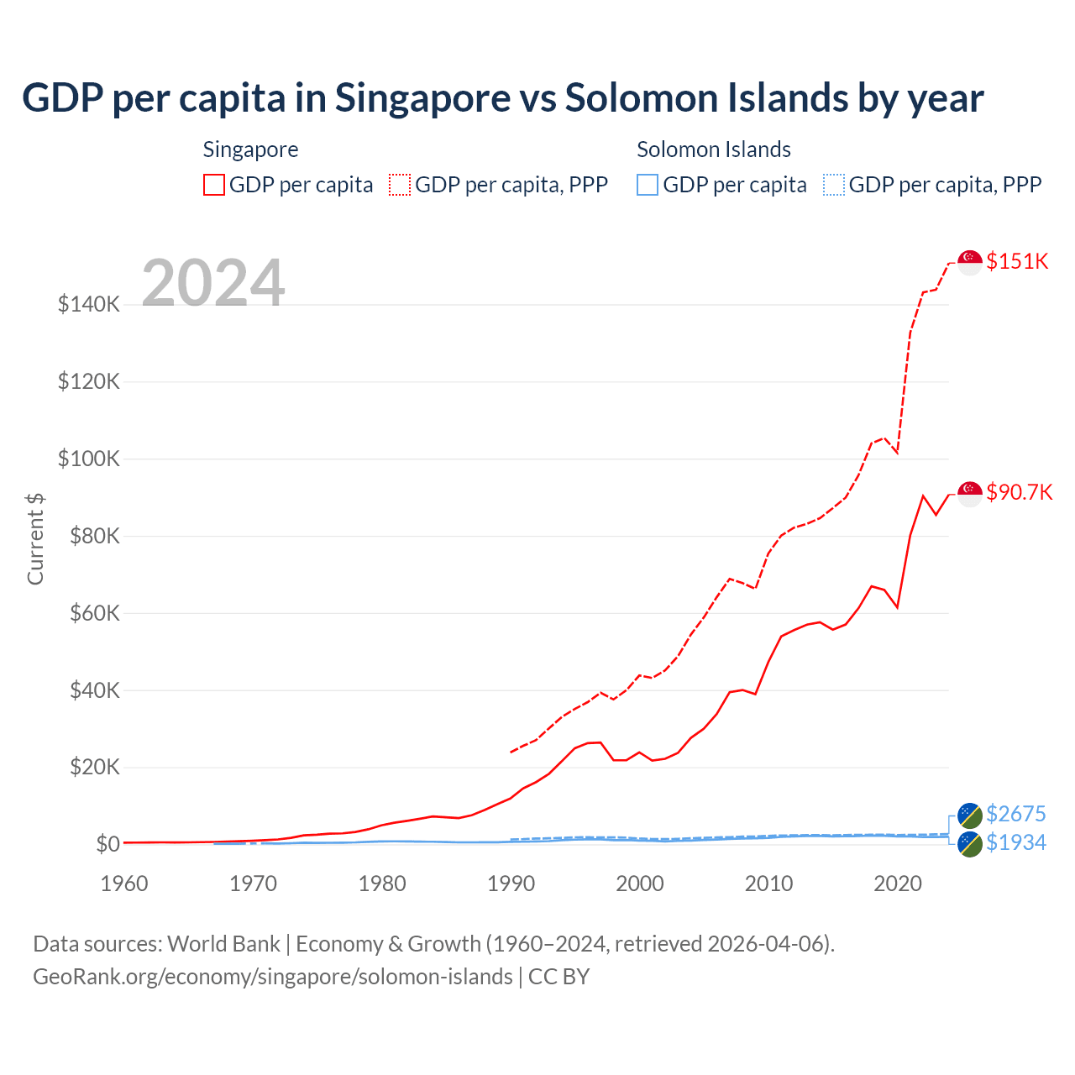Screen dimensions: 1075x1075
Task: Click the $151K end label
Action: tap(1017, 261)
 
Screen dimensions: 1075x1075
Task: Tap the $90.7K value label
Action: tap(1019, 492)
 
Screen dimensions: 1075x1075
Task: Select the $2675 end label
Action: tap(1015, 814)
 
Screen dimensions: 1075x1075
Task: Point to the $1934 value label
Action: tap(1015, 842)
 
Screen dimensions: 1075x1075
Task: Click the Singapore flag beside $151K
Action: tap(970, 262)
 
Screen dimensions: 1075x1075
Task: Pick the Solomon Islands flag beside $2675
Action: tap(970, 815)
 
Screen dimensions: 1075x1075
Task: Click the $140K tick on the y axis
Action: tap(89, 304)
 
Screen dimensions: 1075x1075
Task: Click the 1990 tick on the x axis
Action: tap(511, 884)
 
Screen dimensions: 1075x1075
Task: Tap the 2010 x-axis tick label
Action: tap(768, 884)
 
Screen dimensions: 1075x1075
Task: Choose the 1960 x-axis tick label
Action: tap(124, 884)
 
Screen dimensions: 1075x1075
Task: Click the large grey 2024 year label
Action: tap(213, 283)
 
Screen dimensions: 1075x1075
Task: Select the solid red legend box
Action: tap(214, 185)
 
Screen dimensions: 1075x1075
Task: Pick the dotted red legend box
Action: tap(400, 185)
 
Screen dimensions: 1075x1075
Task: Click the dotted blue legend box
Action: tap(834, 185)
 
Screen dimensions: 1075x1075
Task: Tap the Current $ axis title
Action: tap(35, 538)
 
